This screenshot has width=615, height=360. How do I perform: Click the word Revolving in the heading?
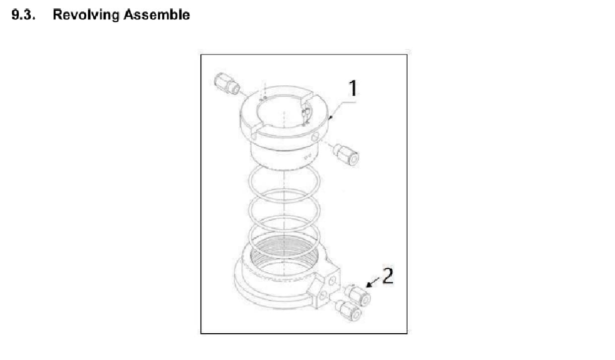pos(84,15)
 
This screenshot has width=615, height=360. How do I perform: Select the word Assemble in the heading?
pos(157,15)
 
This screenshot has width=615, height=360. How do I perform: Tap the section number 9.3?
pos(23,15)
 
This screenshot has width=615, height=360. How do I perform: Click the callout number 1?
pos(353,89)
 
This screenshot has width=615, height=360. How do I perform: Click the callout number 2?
pos(388,276)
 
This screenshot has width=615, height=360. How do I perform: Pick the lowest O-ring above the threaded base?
pos(283,237)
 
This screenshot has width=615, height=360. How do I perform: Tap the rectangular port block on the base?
pos(325,287)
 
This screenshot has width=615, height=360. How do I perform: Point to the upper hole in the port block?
pos(331,274)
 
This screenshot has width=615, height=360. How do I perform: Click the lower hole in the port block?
pos(324,296)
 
